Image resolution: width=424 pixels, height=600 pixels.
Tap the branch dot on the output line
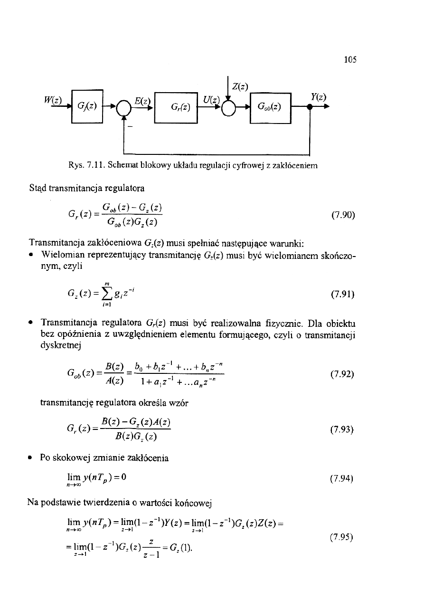coord(310,107)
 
